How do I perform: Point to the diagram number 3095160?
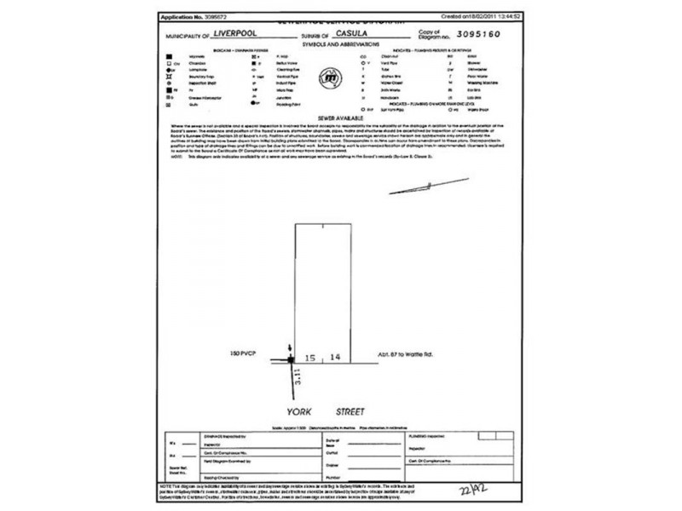[480, 36]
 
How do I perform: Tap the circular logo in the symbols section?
[328, 81]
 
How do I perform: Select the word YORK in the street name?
[299, 410]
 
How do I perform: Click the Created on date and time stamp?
[482, 16]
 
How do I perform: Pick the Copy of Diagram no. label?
[433, 34]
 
